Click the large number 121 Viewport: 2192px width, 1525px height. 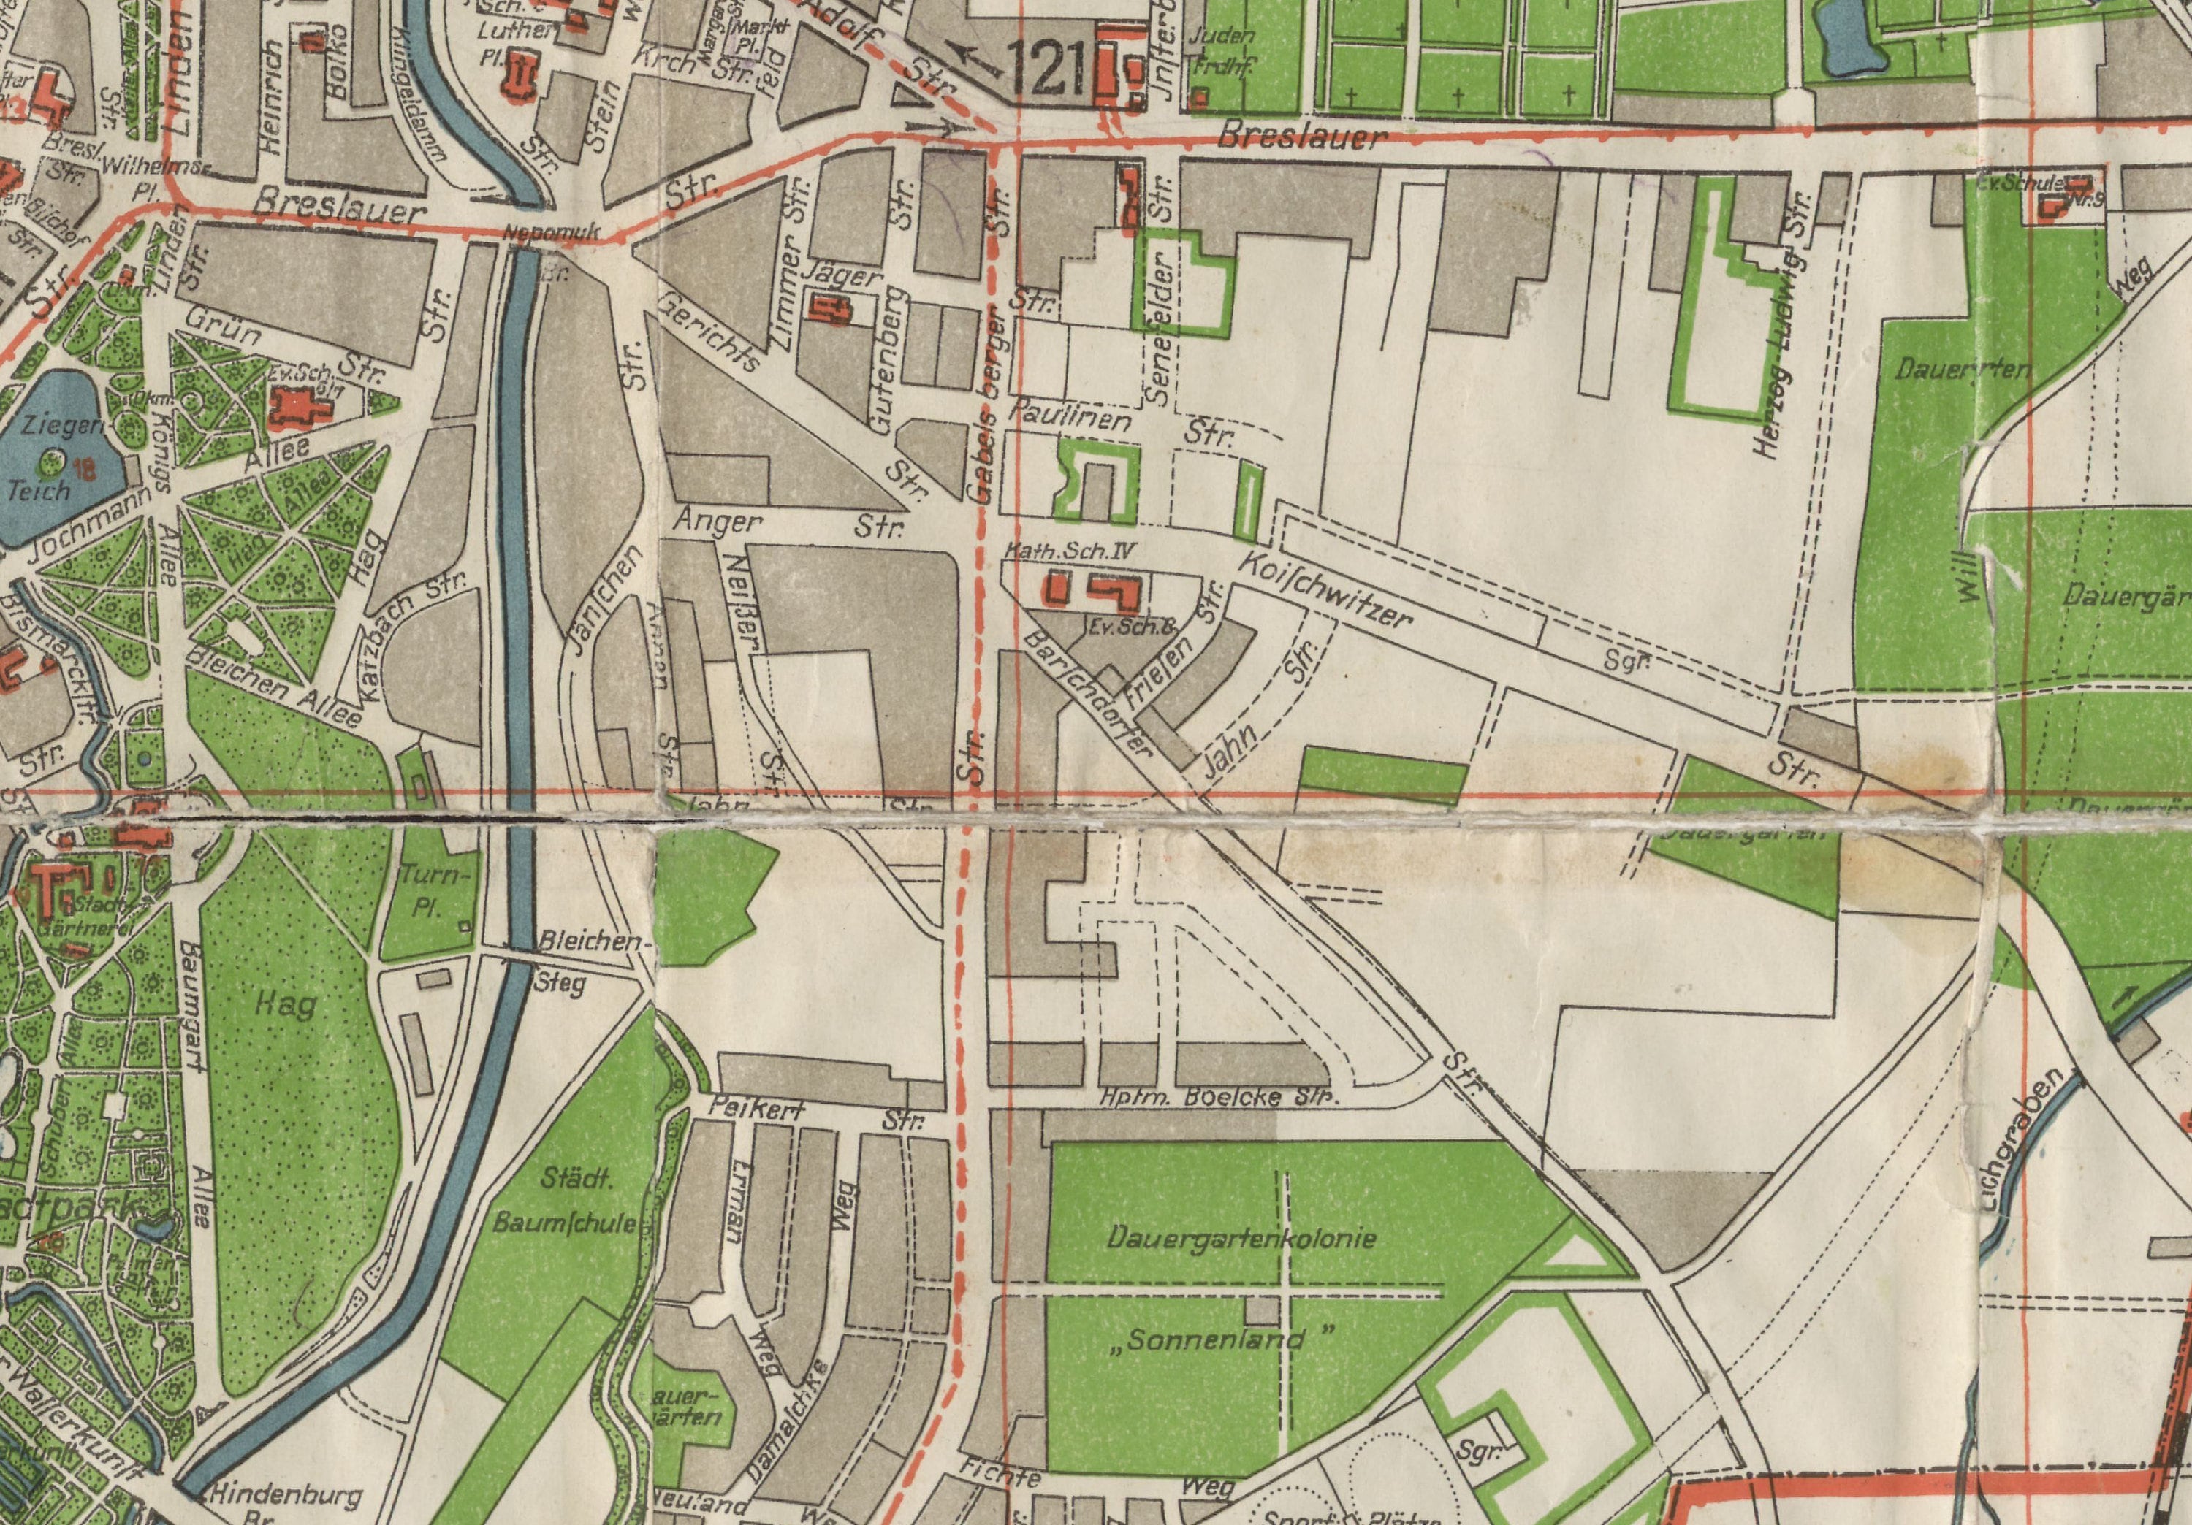[1046, 72]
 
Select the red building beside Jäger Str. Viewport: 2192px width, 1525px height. [829, 310]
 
